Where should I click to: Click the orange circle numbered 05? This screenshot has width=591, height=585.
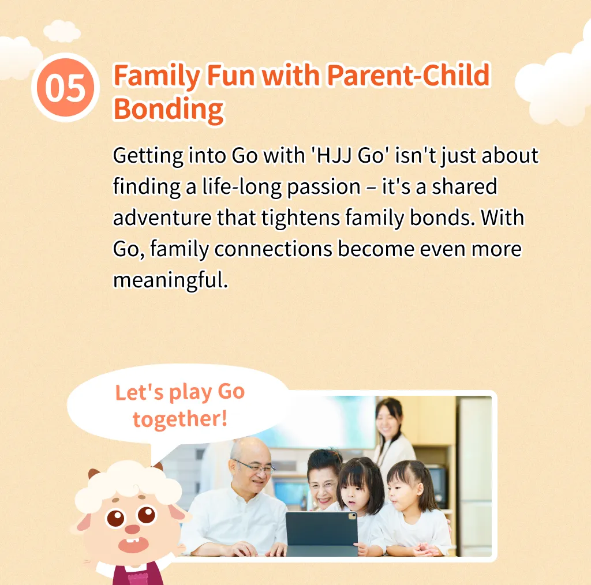tap(66, 87)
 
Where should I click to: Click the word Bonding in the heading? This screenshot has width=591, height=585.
tap(169, 110)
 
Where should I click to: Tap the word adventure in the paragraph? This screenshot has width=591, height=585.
tap(162, 217)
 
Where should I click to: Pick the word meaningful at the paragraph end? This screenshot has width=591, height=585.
tap(171, 280)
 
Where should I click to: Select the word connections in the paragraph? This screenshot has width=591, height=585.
tap(273, 249)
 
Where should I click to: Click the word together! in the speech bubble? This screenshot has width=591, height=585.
tap(180, 419)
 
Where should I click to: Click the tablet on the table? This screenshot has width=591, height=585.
tap(321, 534)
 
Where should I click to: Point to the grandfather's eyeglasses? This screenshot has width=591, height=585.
tap(255, 466)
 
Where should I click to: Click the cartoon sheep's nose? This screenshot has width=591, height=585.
tap(132, 530)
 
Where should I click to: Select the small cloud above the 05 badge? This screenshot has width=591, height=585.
tap(61, 31)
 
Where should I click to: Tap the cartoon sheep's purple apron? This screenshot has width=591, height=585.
tap(138, 572)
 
